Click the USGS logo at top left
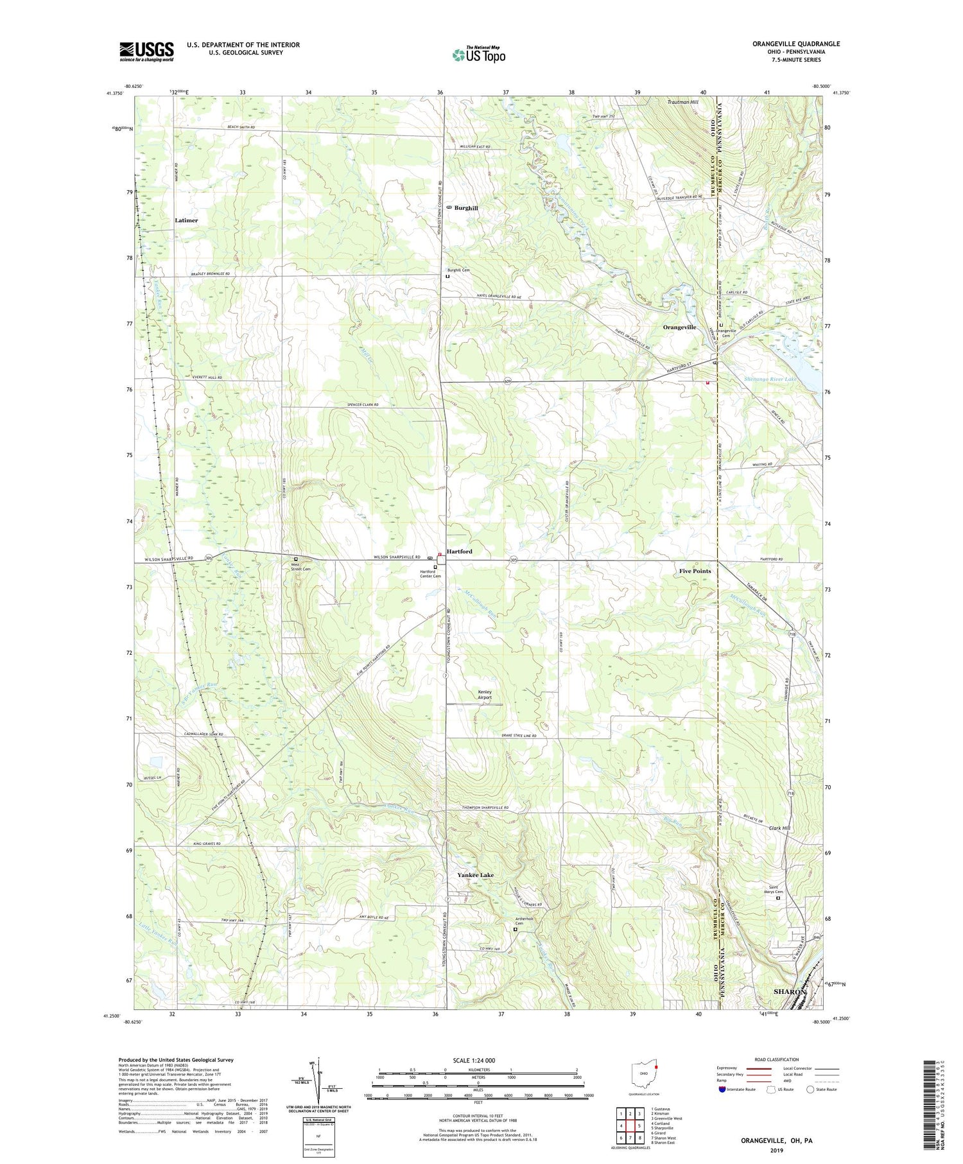click(x=146, y=51)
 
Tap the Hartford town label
click(x=459, y=552)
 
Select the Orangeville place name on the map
click(x=679, y=327)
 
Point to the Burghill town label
click(x=465, y=208)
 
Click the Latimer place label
click(x=186, y=220)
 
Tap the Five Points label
click(x=695, y=571)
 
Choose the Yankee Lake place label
click(x=475, y=875)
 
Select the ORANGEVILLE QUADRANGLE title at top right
click(x=787, y=44)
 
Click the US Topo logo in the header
click(x=478, y=55)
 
